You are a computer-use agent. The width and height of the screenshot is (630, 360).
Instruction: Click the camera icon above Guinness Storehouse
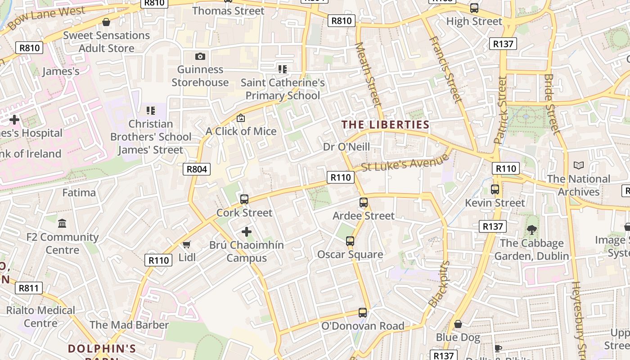[200, 56]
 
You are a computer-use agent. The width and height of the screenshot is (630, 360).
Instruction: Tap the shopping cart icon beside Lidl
[186, 244]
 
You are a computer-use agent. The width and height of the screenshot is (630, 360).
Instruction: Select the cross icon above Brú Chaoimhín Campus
[246, 232]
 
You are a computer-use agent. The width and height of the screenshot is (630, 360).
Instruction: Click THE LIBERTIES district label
[386, 125]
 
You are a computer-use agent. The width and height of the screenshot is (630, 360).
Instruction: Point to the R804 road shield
[197, 169]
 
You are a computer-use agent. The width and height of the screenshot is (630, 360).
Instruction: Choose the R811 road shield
[29, 288]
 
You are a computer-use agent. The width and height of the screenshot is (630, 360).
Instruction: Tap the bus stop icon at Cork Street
[244, 199]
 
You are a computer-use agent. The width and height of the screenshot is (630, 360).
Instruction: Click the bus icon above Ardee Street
[364, 202]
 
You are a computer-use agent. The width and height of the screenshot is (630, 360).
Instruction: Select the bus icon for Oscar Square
[350, 241]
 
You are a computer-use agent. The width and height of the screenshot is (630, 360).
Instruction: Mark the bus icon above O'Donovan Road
[363, 312]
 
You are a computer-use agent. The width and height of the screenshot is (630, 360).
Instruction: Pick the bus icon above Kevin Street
[495, 189]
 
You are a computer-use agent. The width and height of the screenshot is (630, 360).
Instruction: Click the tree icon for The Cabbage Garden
[532, 230]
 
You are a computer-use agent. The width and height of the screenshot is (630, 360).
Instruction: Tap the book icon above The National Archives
[579, 166]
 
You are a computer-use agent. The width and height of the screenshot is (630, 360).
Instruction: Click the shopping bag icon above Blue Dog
[458, 324]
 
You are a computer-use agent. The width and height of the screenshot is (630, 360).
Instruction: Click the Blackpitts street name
[439, 284]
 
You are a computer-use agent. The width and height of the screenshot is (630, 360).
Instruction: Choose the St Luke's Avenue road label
[405, 162]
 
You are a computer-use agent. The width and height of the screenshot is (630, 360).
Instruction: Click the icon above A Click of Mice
[241, 118]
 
